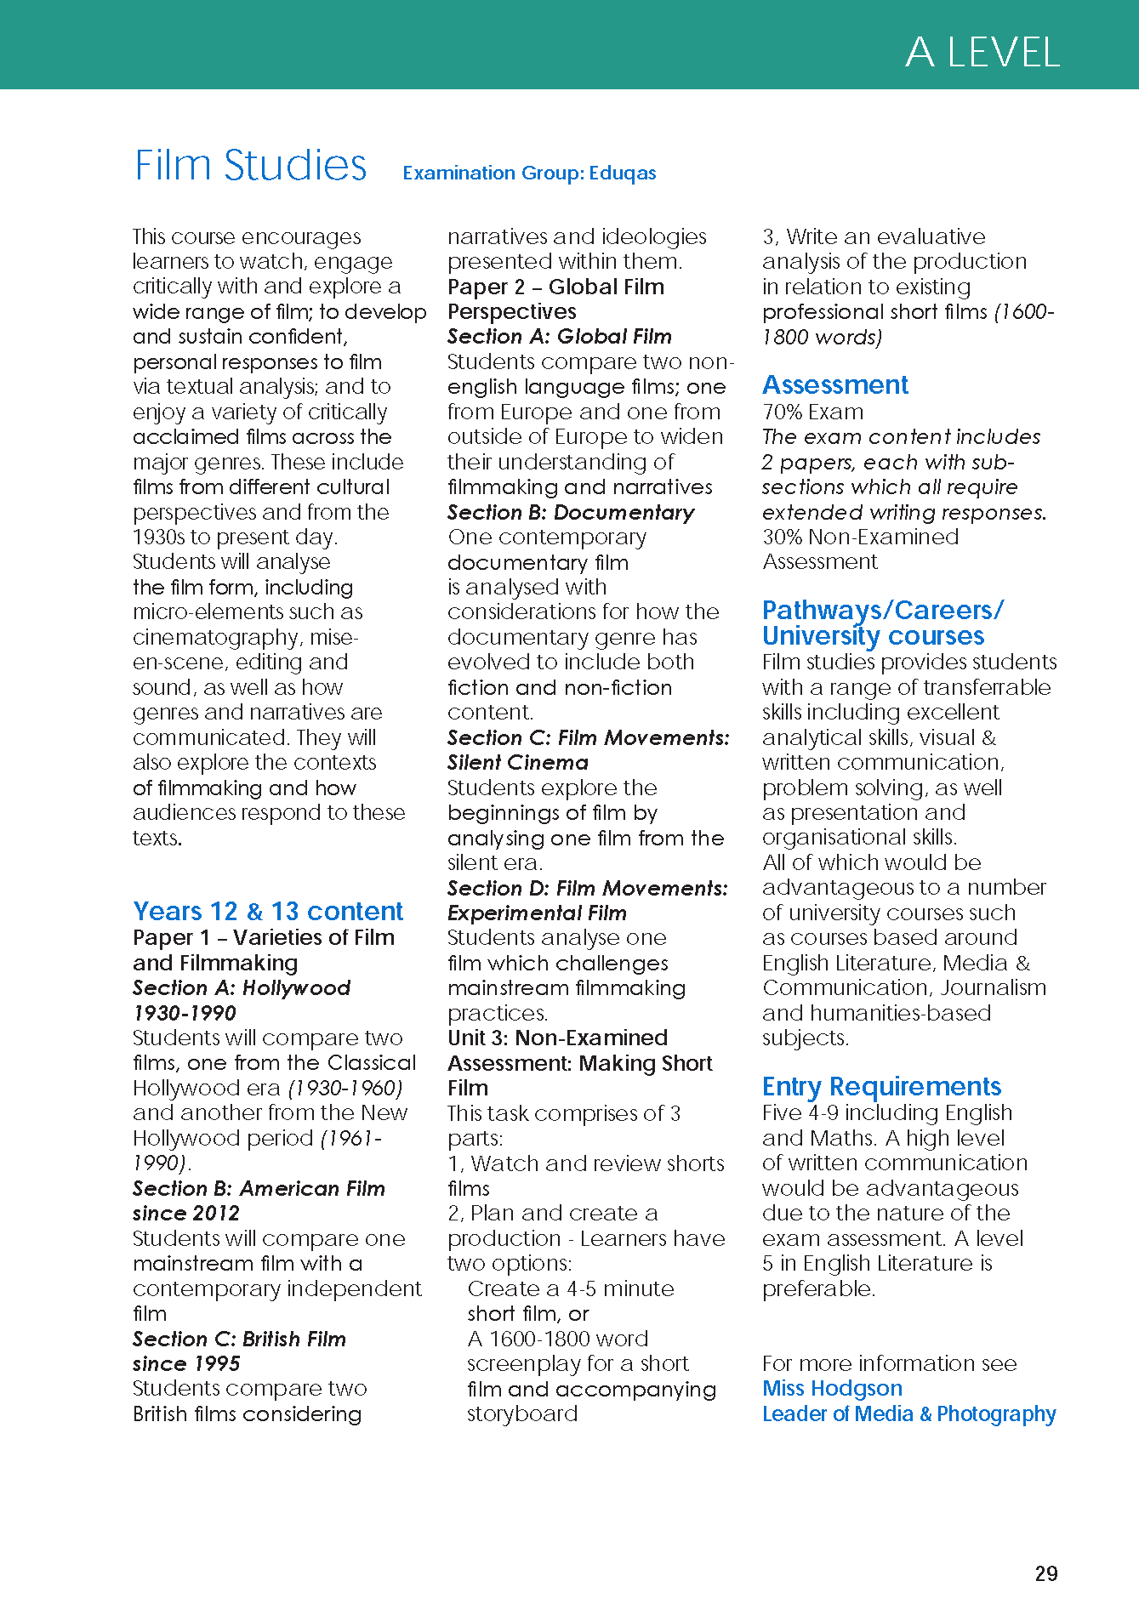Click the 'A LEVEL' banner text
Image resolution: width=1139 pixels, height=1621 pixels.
click(982, 53)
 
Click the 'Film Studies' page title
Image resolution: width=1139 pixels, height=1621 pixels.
click(251, 165)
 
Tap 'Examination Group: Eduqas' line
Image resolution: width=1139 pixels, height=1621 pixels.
click(529, 173)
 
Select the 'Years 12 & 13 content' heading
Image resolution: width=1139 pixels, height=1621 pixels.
click(268, 912)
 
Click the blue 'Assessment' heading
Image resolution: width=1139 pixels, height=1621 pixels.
click(834, 385)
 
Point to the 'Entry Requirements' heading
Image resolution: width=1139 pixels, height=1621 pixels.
click(881, 1087)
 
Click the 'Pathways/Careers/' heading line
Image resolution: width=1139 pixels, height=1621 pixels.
click(882, 611)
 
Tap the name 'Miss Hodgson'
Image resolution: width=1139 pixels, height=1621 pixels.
click(832, 1388)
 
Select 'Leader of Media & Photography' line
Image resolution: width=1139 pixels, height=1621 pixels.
click(908, 1413)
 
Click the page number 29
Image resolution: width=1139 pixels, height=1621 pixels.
click(1046, 1573)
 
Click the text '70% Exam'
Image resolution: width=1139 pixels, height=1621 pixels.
click(812, 412)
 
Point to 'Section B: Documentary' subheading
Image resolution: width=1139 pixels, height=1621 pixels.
click(571, 513)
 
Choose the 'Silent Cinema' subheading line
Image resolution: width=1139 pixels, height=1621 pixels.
click(518, 763)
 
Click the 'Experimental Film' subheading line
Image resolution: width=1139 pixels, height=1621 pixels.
click(537, 913)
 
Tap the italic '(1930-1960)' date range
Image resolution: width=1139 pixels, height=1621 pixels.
click(345, 1088)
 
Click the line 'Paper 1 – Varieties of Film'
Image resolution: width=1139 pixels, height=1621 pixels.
click(264, 938)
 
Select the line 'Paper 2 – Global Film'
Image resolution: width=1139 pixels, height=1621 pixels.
click(555, 287)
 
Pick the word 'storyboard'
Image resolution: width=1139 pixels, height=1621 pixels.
click(522, 1413)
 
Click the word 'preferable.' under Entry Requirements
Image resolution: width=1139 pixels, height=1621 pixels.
click(818, 1288)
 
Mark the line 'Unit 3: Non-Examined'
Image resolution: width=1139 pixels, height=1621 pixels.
click(557, 1038)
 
